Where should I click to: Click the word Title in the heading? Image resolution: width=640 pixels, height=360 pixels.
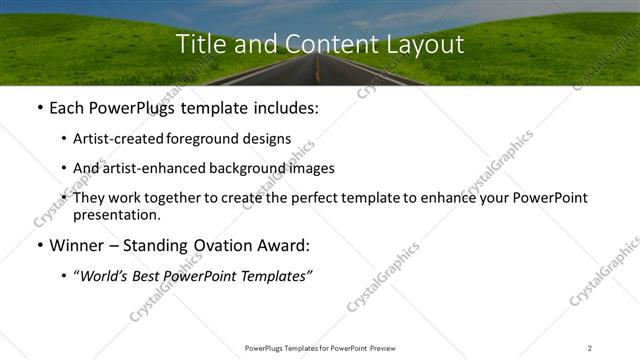pos(200,45)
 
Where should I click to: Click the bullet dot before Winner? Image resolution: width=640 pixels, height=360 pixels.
pos(38,245)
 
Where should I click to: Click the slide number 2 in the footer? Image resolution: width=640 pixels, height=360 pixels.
pos(590,348)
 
